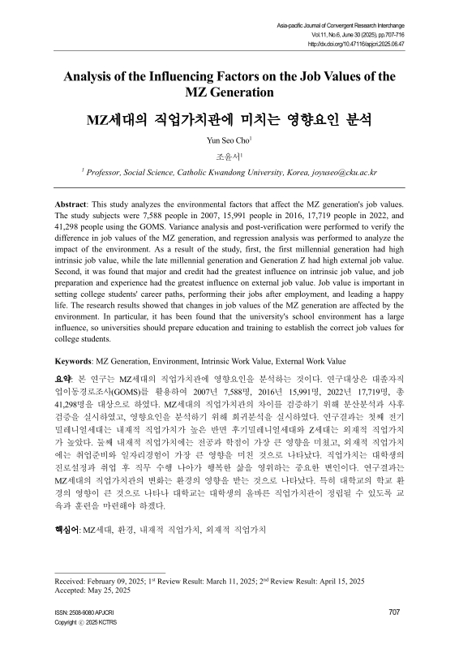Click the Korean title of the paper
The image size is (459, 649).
point(229,121)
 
